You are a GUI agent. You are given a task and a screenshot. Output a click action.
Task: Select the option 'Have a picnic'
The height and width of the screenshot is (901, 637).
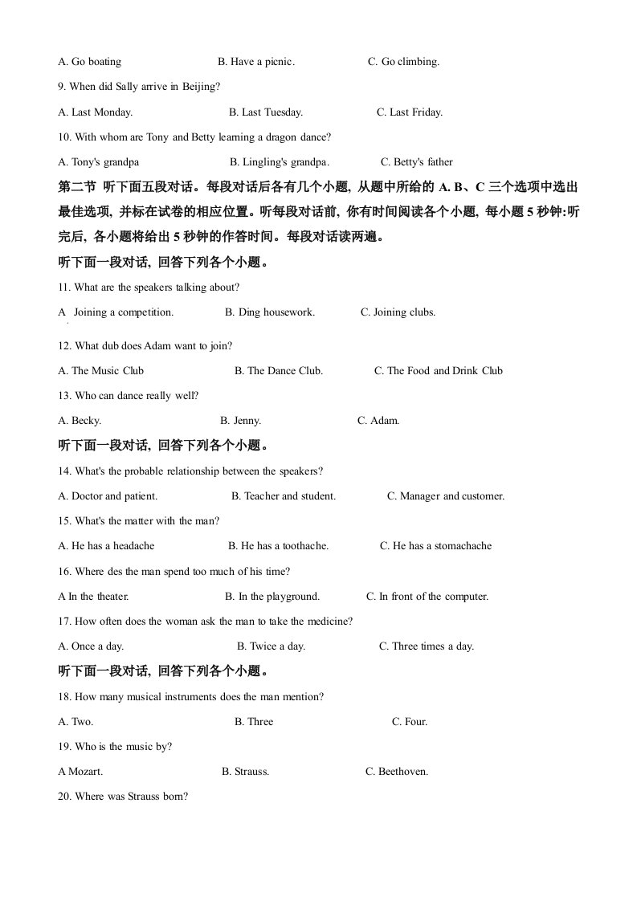click(256, 62)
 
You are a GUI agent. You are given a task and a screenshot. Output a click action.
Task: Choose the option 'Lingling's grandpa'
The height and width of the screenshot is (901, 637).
click(279, 162)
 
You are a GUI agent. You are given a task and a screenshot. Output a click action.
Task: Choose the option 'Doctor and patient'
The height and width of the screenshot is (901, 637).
click(108, 496)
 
